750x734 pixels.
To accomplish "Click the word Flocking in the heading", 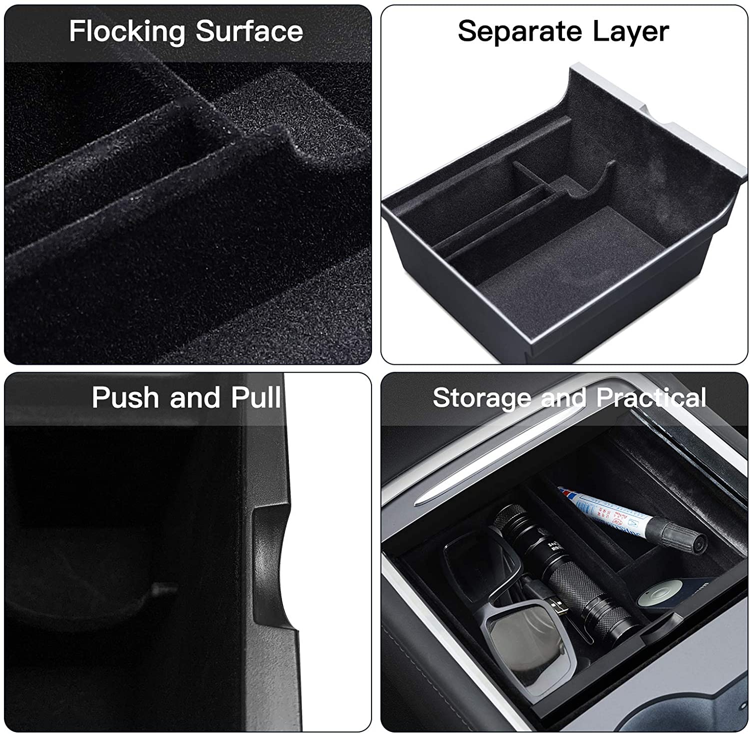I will point(127,32).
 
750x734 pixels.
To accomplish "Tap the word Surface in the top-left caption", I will point(249,31).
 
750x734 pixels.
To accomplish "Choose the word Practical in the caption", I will point(651,398).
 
